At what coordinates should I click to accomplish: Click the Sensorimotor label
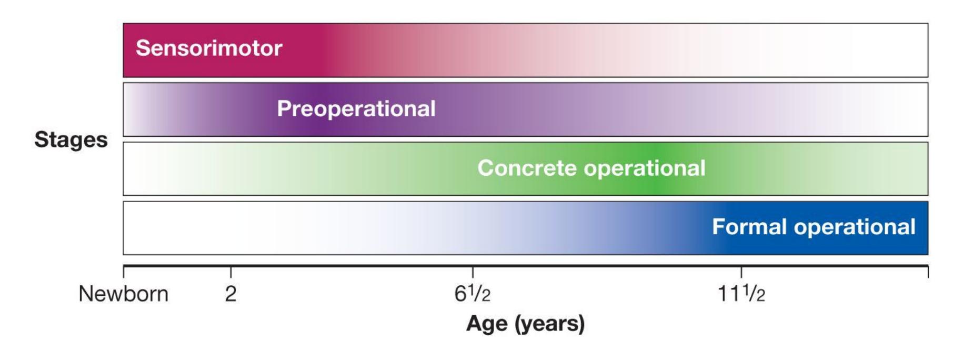[x=209, y=48]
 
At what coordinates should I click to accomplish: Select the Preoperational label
[x=356, y=109]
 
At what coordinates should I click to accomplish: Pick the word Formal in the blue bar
[x=750, y=227]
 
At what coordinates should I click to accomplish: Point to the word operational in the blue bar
[x=855, y=227]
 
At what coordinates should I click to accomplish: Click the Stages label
[x=71, y=140]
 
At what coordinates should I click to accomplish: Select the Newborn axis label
[x=124, y=294]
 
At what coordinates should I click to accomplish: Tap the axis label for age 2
[x=230, y=294]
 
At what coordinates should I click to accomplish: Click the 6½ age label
[x=472, y=294]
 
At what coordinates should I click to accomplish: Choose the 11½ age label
[x=741, y=294]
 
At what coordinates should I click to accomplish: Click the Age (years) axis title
[x=525, y=324]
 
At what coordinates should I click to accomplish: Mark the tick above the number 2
[x=230, y=272]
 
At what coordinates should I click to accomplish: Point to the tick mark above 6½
[x=473, y=272]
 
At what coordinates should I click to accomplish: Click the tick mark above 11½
[x=741, y=272]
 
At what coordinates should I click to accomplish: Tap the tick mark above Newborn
[x=124, y=272]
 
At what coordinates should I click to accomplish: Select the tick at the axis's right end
[x=928, y=272]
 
